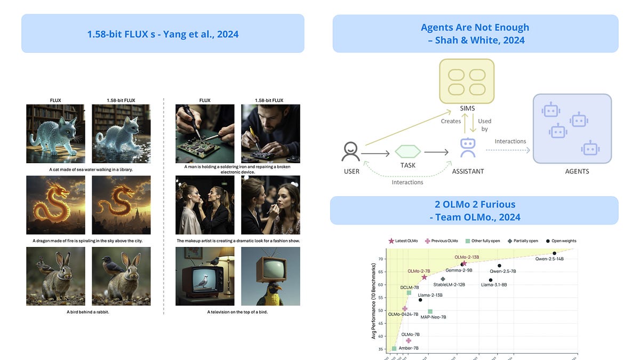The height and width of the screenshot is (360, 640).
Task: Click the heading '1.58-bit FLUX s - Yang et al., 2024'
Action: pos(163,34)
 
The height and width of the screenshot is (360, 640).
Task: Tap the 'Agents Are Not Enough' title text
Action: pos(475,28)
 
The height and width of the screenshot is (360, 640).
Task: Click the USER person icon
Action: pos(351,151)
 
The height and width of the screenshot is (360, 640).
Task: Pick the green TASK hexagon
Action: pos(408,151)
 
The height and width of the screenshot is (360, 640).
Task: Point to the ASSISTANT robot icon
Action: pos(468,147)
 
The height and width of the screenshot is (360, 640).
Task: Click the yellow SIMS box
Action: pos(467,82)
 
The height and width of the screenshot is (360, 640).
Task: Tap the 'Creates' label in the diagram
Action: pos(451,121)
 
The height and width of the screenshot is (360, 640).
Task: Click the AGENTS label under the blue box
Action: pos(577,171)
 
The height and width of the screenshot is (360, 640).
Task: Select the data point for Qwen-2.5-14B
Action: pos(555,253)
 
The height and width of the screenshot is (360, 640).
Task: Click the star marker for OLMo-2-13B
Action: pos(464,263)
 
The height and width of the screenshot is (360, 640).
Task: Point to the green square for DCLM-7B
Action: pos(409,293)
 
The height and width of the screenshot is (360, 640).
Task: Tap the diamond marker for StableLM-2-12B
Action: pos(443,279)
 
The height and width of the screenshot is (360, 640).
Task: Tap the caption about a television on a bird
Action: pos(237,312)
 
